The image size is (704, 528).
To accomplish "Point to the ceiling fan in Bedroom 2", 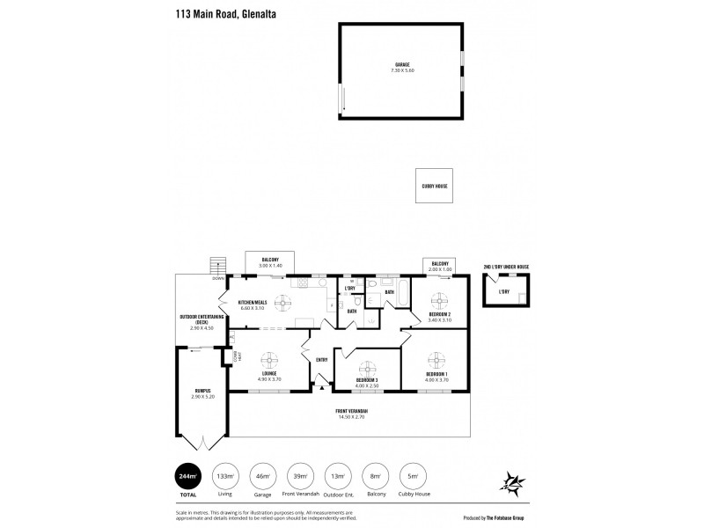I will click(x=440, y=297).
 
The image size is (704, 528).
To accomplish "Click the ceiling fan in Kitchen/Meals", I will click(x=283, y=303).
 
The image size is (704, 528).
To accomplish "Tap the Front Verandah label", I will click(x=350, y=414).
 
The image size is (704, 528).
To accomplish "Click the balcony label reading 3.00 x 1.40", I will click(x=270, y=262).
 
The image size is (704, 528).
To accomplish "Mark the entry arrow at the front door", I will click(x=321, y=387).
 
